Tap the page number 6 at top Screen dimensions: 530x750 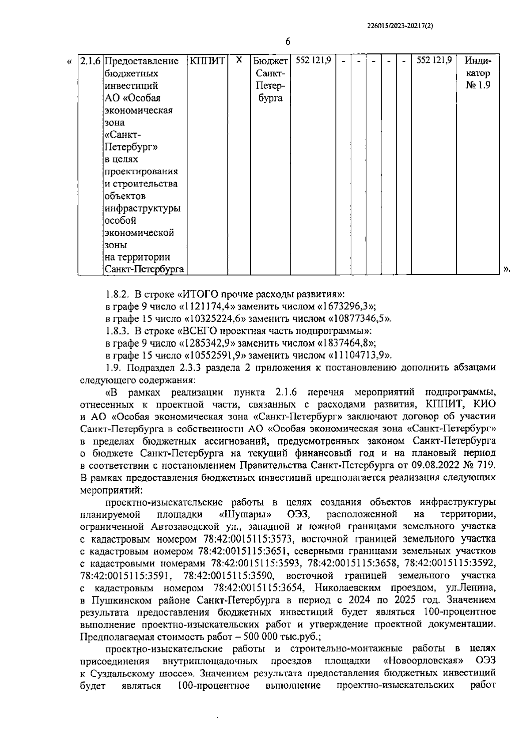pos(288,42)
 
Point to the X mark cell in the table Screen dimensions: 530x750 pos(238,60)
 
